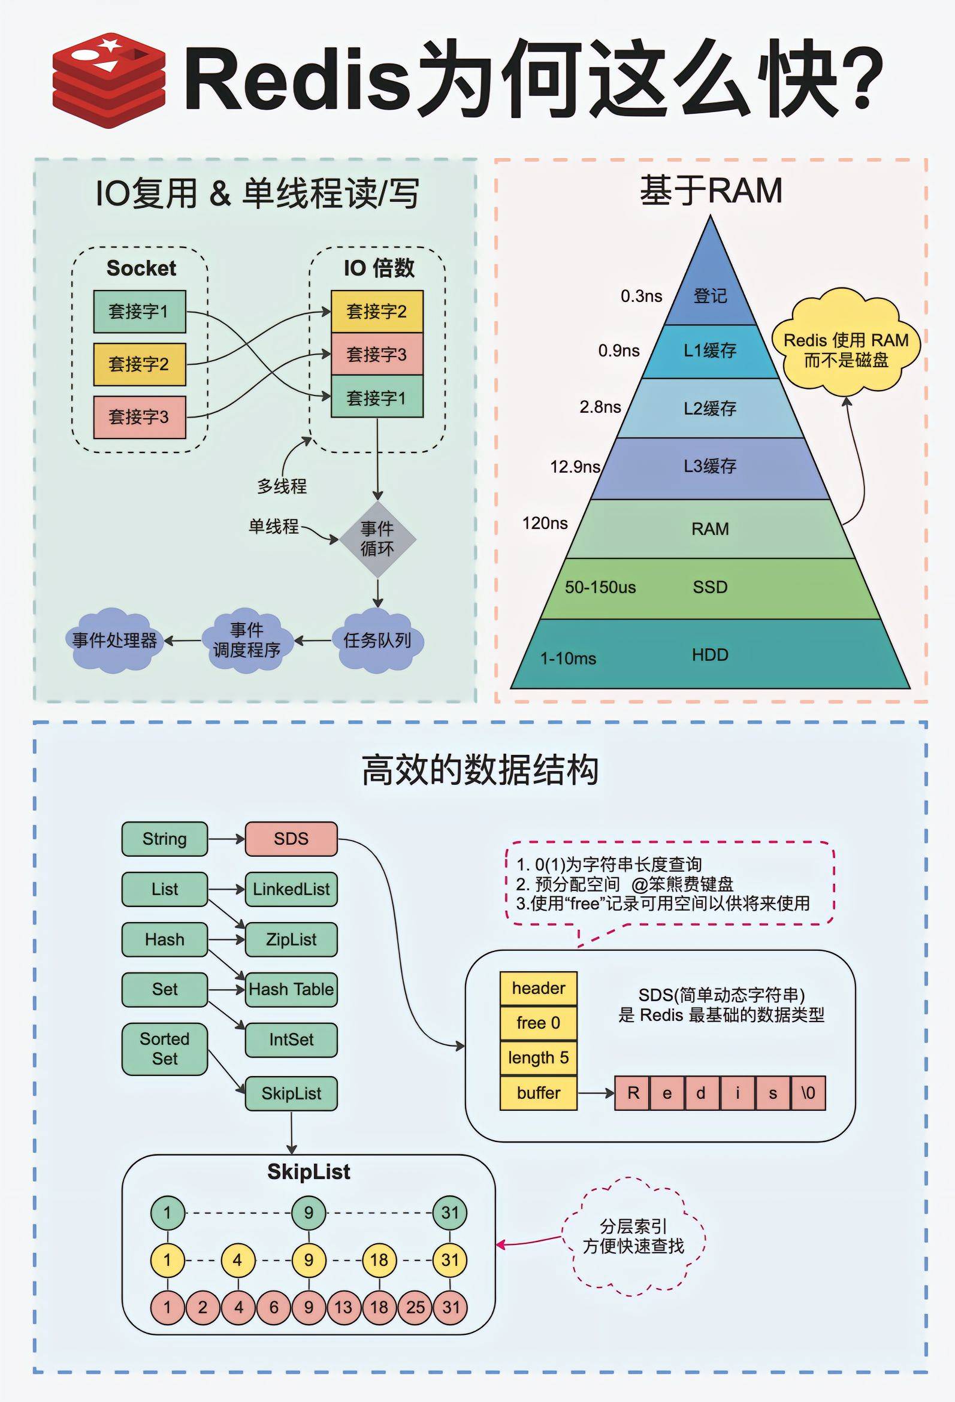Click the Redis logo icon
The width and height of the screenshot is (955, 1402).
108,80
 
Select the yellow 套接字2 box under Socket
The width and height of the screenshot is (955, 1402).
140,364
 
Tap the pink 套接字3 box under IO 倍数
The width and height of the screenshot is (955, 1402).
377,354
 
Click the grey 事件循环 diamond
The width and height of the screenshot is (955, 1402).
377,539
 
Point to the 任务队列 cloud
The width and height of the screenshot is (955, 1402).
377,640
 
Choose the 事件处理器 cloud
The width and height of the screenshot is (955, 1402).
114,640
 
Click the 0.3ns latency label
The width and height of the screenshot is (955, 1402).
641,296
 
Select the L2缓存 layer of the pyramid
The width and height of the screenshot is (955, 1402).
710,409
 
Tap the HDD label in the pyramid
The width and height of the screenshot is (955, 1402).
710,654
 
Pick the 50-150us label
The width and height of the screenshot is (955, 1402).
600,587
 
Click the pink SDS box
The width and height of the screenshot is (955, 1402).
291,839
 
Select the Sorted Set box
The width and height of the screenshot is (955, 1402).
165,1049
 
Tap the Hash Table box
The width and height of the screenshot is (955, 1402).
291,989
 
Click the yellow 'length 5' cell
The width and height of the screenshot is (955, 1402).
538,1057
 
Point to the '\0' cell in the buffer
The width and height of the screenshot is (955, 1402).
808,1092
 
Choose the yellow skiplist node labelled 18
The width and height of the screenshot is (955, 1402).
379,1259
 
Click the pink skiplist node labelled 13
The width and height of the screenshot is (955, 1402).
343,1307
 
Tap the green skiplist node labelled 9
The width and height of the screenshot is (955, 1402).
309,1213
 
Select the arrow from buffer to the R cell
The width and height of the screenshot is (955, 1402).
596,1092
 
